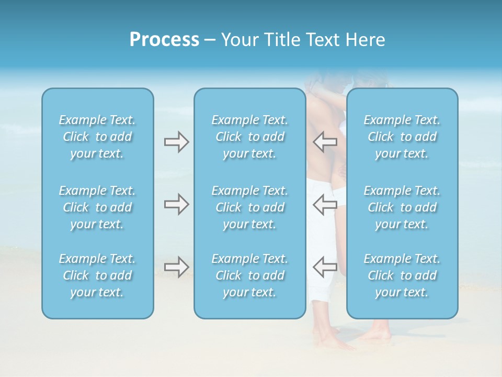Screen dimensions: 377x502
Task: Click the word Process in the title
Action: click(164, 40)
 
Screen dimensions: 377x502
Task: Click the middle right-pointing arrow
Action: click(176, 204)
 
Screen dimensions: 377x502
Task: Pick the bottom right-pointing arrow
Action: click(176, 267)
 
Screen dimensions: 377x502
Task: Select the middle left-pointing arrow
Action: click(325, 204)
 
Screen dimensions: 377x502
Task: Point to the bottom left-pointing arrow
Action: click(325, 267)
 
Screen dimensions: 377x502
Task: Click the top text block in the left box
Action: click(97, 137)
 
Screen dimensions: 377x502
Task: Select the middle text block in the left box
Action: click(97, 207)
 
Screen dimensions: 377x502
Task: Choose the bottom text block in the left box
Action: click(97, 275)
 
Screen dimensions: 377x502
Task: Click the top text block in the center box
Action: click(250, 137)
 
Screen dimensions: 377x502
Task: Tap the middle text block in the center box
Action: click(250, 207)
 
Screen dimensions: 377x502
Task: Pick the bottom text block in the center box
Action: click(250, 275)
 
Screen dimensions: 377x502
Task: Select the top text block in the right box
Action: click(402, 137)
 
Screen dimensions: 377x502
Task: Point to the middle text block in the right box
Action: click(402, 207)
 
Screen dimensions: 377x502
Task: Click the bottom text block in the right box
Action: click(402, 275)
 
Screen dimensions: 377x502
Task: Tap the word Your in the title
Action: click(238, 40)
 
